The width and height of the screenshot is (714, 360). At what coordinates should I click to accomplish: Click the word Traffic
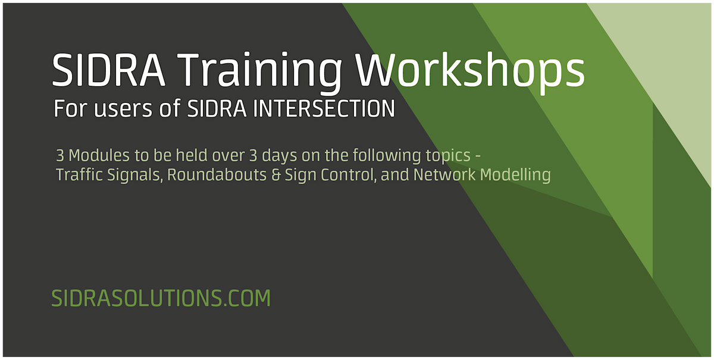74,176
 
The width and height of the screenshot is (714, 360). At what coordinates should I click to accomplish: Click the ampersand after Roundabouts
252,176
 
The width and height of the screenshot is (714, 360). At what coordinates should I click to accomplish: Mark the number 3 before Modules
59,156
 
